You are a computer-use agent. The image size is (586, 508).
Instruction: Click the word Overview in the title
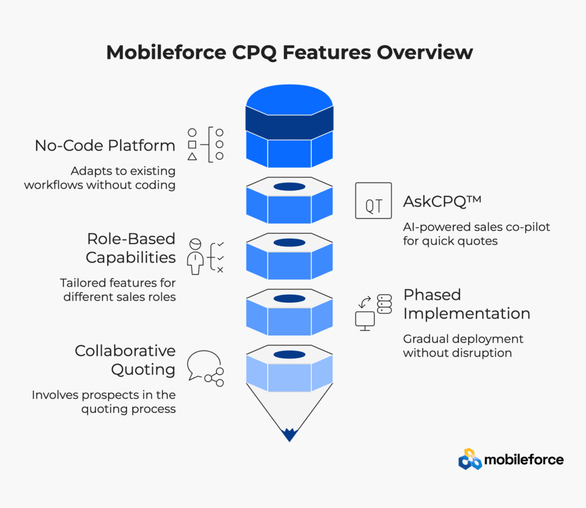coord(425,52)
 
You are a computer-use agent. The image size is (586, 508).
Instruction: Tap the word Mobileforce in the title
coord(167,52)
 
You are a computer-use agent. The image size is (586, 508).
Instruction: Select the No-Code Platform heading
coord(105,145)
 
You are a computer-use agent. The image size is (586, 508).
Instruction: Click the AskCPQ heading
coord(442,201)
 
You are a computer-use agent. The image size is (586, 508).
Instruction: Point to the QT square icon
coord(373,201)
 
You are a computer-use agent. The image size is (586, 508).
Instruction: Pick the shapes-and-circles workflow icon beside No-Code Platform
coord(205,145)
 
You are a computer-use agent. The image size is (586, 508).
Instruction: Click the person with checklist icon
coord(205,257)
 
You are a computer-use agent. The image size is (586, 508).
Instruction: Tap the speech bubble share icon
coord(205,368)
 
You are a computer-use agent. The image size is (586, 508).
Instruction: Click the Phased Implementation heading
coord(467,304)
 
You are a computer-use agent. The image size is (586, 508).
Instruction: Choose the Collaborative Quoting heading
coord(125,360)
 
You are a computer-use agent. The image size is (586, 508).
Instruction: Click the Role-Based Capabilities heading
coord(131,248)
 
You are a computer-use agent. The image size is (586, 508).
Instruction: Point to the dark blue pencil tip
coord(289,435)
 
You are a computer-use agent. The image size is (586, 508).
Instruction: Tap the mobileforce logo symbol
coord(470,459)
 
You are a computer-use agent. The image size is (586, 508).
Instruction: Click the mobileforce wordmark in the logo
coord(524,459)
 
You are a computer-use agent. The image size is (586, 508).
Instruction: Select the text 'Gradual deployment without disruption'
coord(463,346)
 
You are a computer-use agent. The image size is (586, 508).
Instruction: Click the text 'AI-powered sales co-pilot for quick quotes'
coord(477,234)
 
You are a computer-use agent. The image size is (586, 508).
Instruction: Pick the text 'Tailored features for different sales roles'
coord(118,289)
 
